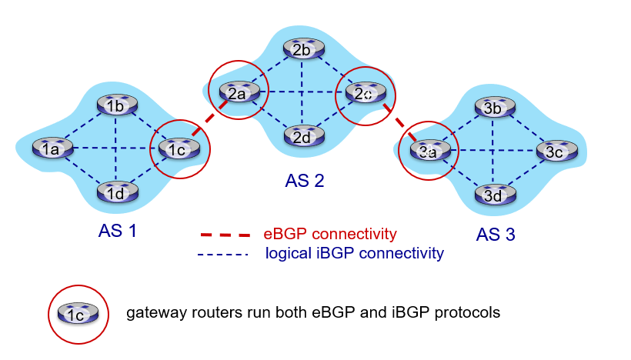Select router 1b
tap(116, 105)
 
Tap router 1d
tap(116, 192)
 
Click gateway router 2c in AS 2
tap(365, 92)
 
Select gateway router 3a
tap(429, 151)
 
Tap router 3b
tap(493, 108)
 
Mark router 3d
tap(493, 195)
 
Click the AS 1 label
tap(118, 230)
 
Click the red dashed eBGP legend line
tap(225, 234)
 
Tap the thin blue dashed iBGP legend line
tap(223, 253)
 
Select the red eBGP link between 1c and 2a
tap(202, 126)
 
